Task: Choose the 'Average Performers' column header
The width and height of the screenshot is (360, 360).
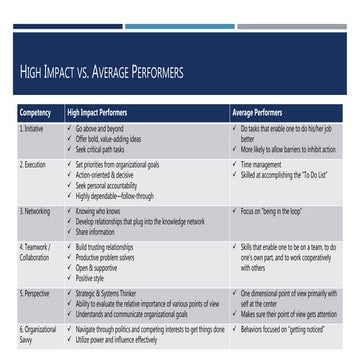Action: coord(256,114)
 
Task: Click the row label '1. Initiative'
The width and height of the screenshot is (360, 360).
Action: coord(32,128)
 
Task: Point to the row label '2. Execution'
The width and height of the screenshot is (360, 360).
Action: coord(33,162)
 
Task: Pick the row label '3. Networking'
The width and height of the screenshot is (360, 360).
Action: coord(35,211)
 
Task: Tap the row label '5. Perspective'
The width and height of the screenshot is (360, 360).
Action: coord(34,293)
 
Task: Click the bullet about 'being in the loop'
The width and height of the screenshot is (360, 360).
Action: coord(271,211)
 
